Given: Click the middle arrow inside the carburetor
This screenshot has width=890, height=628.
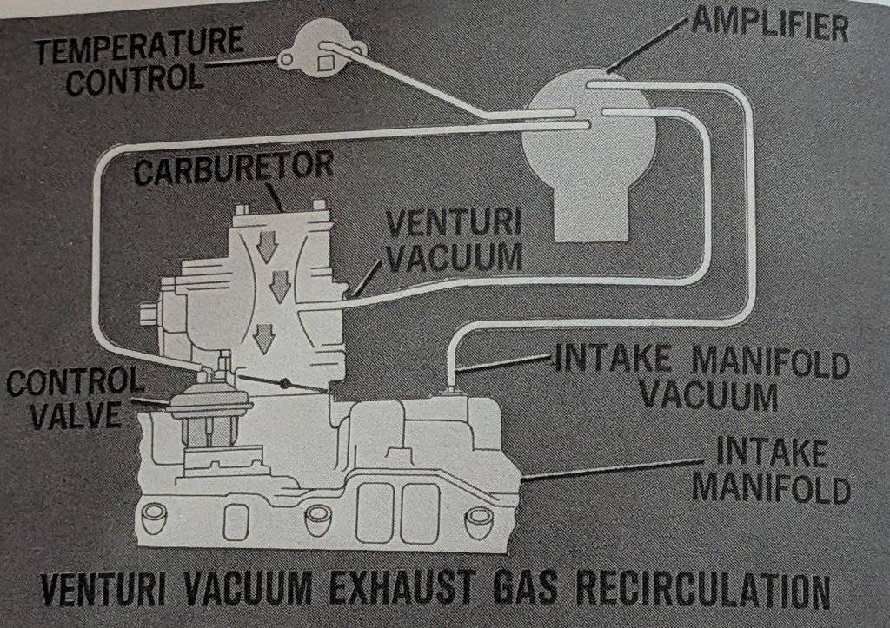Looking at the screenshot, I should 279,286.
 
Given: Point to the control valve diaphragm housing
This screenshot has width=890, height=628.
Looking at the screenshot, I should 211,404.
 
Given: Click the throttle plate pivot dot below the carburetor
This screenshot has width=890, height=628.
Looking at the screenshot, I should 284,383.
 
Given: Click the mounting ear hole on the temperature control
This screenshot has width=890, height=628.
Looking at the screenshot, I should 284,60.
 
